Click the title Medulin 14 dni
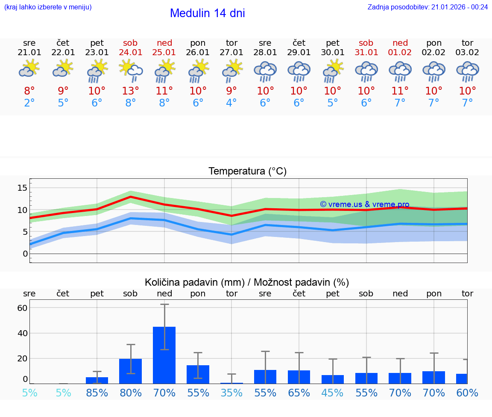pos(207,13)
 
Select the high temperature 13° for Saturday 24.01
pos(131,91)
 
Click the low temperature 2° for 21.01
pos(29,103)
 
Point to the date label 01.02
pos(400,52)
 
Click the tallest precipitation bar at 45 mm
pos(164,355)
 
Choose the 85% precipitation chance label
pos(97,393)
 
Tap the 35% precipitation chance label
pos(231,393)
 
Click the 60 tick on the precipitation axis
pos(22,308)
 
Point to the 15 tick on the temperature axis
pos(22,188)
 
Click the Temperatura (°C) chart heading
pos(247,172)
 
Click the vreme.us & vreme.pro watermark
pos(364,204)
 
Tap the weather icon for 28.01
pos(265,71)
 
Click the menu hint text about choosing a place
pos(48,7)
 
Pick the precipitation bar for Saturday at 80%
pos(131,371)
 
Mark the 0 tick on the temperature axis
pos(25,254)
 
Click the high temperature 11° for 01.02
pos(400,91)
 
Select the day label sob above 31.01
pos(366,43)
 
